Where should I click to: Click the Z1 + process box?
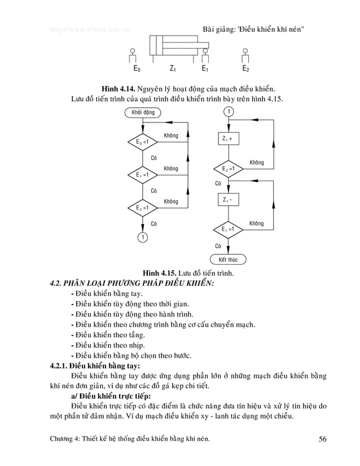(229, 139)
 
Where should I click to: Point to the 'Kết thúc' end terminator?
(229, 260)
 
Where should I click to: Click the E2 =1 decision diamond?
(229, 169)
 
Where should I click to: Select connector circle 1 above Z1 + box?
(229, 112)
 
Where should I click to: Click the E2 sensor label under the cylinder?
(245, 69)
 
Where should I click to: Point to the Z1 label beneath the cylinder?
(173, 69)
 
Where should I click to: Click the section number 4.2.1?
(60, 366)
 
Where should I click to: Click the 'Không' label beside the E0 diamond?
(170, 136)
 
